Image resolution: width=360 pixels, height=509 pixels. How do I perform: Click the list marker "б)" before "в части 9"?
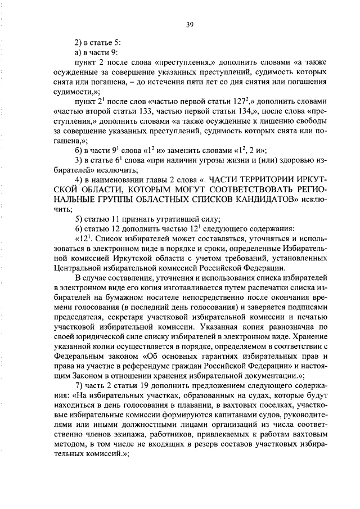click(79, 150)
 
